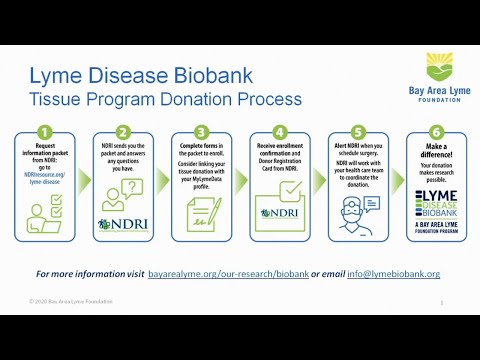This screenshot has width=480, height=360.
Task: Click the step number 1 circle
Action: [x=45, y=131]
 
